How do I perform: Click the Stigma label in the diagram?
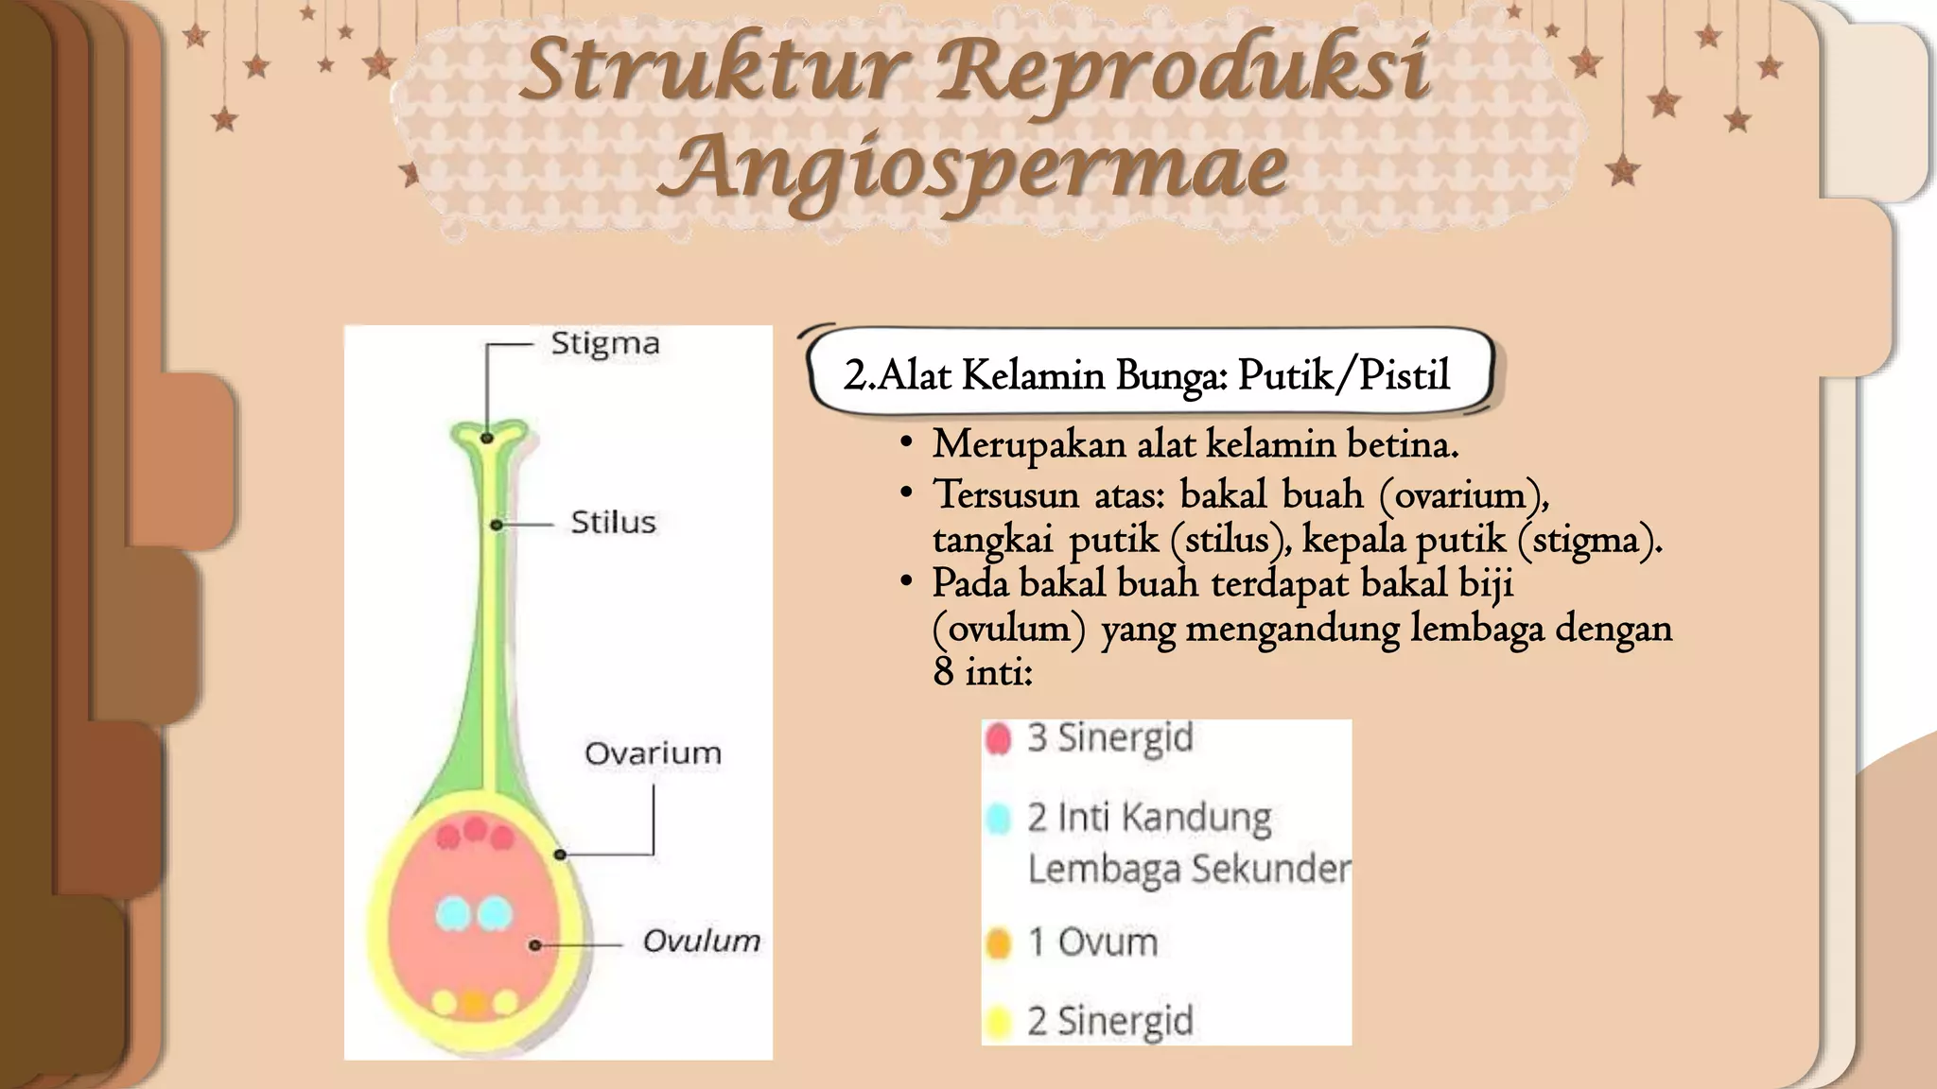605,343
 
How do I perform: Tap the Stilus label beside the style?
613,522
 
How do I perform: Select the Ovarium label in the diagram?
653,753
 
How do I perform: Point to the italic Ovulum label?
701,941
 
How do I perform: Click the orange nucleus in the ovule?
474,1003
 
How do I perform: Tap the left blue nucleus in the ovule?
453,913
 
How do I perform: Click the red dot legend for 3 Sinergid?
999,738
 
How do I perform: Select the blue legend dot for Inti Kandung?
999,819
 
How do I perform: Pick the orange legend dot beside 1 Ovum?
999,942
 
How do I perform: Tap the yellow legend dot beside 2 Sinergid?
999,1022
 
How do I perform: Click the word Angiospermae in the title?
972,168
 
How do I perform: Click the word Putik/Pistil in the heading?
1344,376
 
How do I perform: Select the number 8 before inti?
943,672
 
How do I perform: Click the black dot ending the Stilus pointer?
496,525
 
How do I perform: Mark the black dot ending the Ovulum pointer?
535,944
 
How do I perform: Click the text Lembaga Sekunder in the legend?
1189,870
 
